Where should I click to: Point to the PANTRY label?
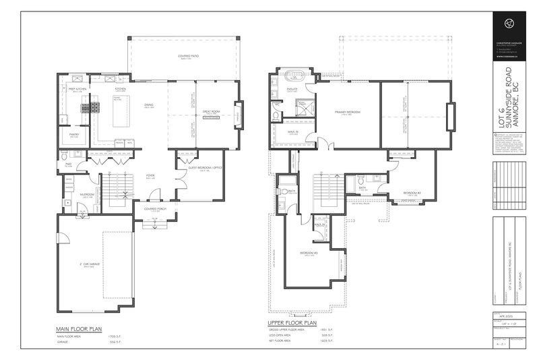click(75, 134)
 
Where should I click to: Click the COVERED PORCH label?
click(155, 209)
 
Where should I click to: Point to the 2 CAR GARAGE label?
click(90, 264)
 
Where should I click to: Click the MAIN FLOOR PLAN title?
click(78, 329)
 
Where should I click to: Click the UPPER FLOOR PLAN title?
click(292, 323)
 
